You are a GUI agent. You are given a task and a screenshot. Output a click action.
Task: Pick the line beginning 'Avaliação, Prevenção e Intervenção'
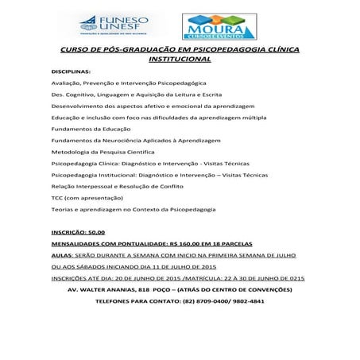pos(118,83)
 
